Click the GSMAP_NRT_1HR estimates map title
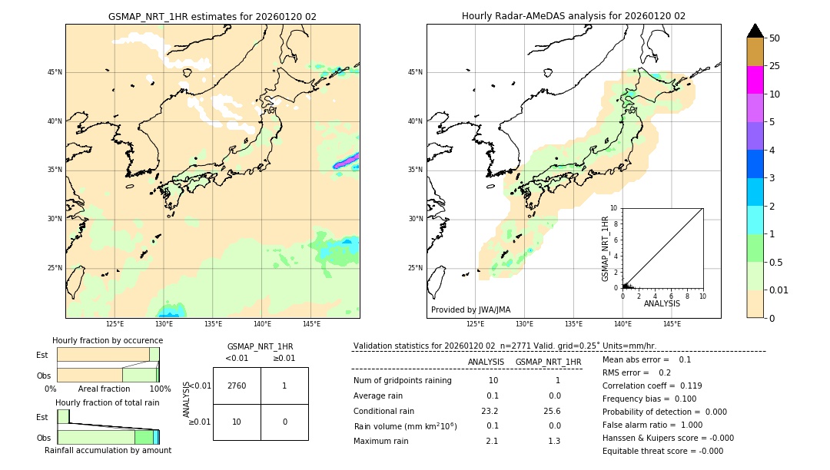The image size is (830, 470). pyautogui.click(x=212, y=16)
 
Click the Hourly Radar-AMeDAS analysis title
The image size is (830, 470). pyautogui.click(x=573, y=16)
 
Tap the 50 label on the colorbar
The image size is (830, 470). pyautogui.click(x=775, y=38)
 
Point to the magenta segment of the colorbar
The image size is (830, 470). pyautogui.click(x=755, y=80)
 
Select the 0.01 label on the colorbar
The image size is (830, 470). pyautogui.click(x=779, y=290)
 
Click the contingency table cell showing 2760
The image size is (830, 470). pyautogui.click(x=237, y=386)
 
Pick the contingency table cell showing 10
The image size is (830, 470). pyautogui.click(x=237, y=422)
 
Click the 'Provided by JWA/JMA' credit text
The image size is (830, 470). pyautogui.click(x=470, y=309)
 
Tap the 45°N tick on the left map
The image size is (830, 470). pyautogui.click(x=55, y=72)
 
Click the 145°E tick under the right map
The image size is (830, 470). pyautogui.click(x=672, y=324)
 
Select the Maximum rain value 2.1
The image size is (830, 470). pyautogui.click(x=492, y=441)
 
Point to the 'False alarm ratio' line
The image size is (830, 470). pyautogui.click(x=652, y=425)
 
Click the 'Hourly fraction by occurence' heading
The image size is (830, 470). pyautogui.click(x=108, y=340)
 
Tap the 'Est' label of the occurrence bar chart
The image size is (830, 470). pyautogui.click(x=42, y=355)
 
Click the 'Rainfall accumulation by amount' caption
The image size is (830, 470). pyautogui.click(x=108, y=450)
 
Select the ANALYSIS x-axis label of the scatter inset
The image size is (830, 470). pyautogui.click(x=662, y=304)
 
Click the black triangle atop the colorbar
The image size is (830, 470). pyautogui.click(x=755, y=31)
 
